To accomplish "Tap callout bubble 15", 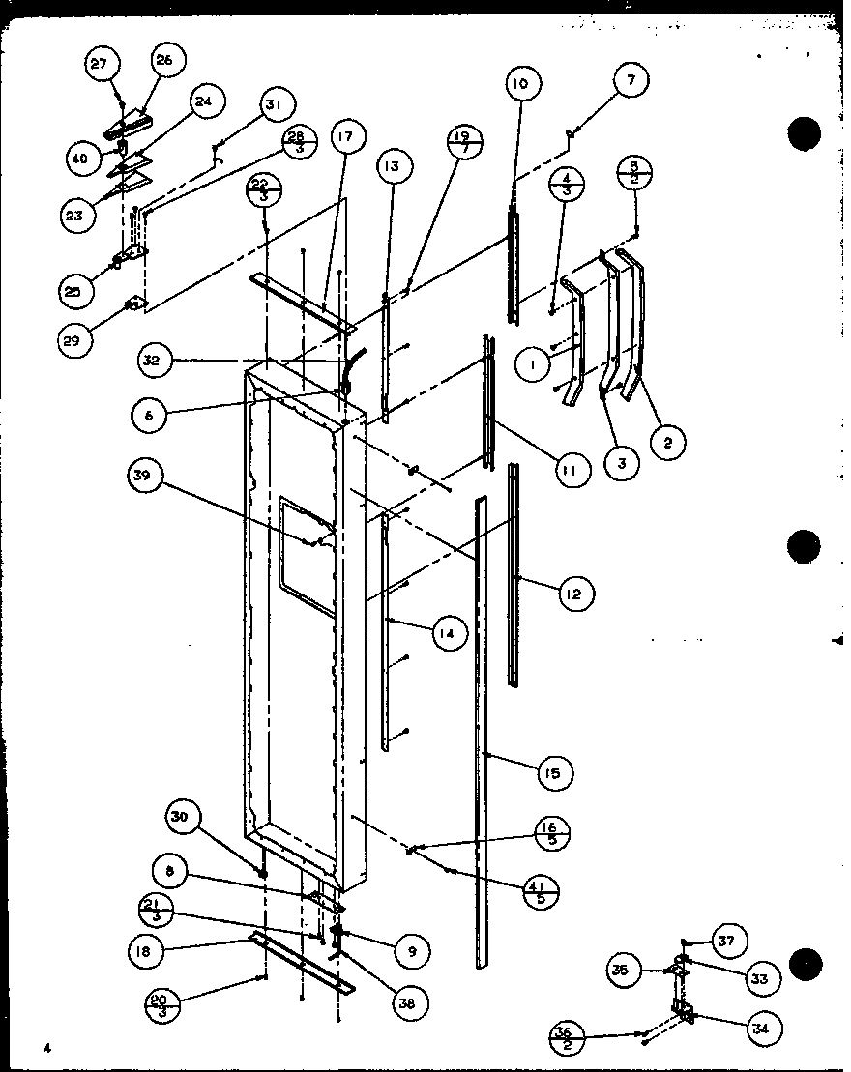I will click(x=552, y=771).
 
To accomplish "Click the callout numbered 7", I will click(x=631, y=81).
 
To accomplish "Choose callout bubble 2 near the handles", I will click(x=668, y=443).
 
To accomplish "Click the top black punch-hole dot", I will click(x=804, y=134).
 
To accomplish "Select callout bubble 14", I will click(x=448, y=633).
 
